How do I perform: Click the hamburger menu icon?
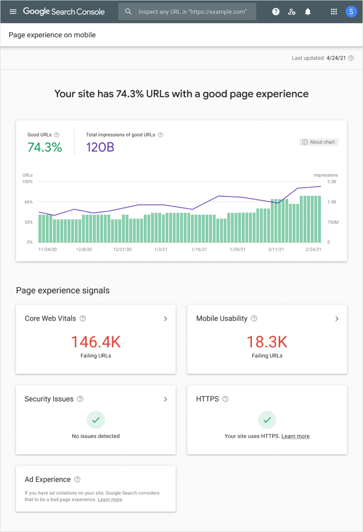13,11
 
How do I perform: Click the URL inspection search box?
187,12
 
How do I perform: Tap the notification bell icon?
308,12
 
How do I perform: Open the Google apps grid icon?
334,12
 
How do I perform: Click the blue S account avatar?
351,12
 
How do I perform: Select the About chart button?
319,142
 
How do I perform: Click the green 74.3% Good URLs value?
45,147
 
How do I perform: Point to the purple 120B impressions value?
100,147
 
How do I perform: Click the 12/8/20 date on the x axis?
84,249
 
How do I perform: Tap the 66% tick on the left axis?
28,202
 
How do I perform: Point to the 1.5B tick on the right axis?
332,202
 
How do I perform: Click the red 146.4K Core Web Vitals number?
95,341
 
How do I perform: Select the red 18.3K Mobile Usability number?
267,341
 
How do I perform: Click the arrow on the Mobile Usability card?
337,319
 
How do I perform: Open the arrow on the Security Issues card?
165,399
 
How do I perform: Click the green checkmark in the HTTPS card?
267,420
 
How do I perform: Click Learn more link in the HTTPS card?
295,436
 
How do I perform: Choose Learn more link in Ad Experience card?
110,500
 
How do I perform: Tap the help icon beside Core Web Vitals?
83,319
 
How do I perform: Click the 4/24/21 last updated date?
336,58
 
